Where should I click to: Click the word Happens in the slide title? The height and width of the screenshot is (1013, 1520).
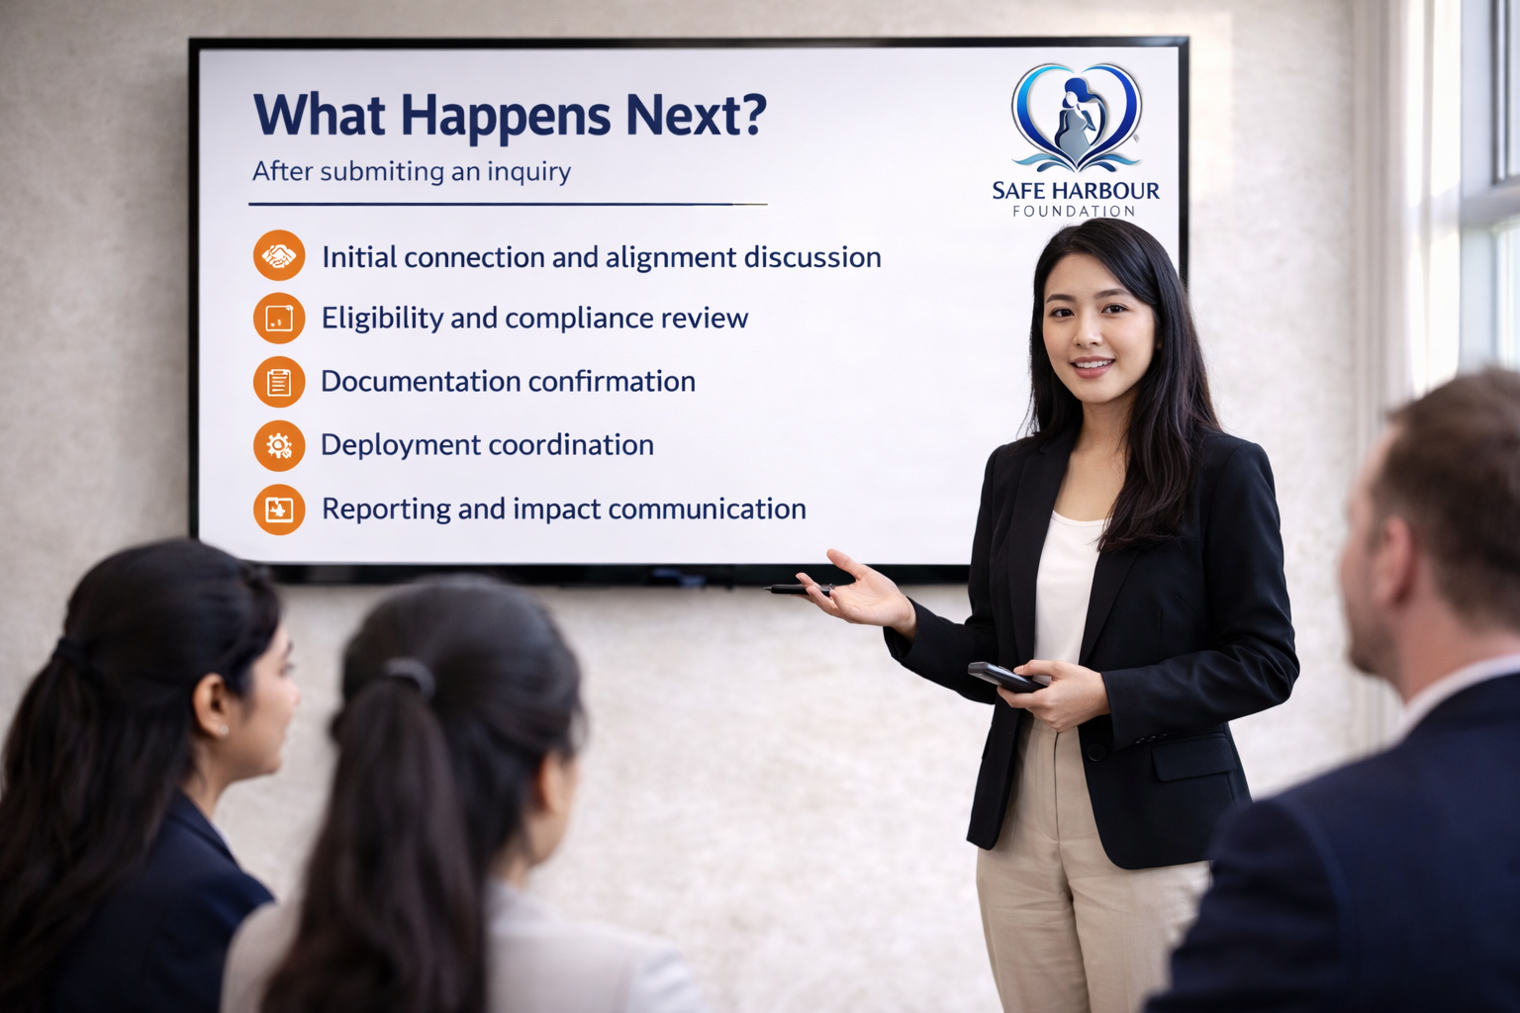[506, 117]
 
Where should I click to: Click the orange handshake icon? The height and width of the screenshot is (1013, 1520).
[279, 255]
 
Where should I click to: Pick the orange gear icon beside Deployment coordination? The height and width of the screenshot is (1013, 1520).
[279, 446]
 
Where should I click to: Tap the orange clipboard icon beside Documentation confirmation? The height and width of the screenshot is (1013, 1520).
[279, 382]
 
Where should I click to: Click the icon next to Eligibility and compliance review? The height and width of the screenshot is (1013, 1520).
[279, 319]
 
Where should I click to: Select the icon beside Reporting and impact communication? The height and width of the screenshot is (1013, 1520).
[279, 509]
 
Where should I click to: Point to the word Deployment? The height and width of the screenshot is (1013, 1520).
[401, 446]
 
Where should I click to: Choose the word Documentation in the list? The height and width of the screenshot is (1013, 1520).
[420, 381]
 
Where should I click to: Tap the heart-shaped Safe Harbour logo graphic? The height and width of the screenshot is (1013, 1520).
[1077, 118]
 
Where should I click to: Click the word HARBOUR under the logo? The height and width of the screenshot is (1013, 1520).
[1106, 191]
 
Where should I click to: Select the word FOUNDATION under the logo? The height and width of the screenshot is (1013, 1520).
[1074, 211]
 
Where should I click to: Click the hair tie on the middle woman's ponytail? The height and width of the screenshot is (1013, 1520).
[409, 675]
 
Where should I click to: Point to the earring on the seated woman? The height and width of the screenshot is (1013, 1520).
[225, 730]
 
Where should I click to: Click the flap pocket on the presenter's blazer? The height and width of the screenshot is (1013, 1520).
[1192, 757]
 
